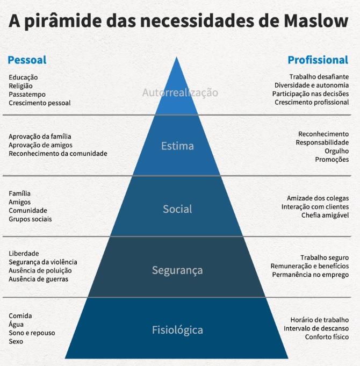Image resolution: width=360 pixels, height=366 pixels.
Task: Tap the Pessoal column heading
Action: tap(27, 60)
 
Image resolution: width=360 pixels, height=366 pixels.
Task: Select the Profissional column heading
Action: tap(318, 60)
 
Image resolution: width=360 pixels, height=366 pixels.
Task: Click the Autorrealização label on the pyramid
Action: tap(180, 92)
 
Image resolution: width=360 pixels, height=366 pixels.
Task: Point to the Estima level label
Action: tap(177, 146)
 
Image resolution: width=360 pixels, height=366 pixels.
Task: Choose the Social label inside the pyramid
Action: tap(177, 209)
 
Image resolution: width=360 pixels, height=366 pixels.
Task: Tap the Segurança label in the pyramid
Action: tap(177, 270)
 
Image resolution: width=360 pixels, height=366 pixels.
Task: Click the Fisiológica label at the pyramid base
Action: tap(177, 329)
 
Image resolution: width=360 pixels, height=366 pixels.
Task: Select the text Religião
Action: tap(21, 85)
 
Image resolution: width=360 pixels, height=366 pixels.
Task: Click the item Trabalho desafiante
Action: tap(319, 77)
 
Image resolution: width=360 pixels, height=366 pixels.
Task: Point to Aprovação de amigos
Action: tap(40, 145)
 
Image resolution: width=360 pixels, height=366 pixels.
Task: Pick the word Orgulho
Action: tap(336, 151)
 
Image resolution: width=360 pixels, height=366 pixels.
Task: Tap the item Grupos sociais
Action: tap(30, 219)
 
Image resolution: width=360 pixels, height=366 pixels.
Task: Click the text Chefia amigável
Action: tap(325, 216)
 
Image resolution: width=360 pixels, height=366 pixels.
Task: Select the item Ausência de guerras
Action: tap(39, 279)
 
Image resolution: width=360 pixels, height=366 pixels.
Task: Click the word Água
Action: tap(16, 324)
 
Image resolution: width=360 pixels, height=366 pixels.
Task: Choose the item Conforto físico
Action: tap(327, 337)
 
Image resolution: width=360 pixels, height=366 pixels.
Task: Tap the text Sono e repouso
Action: tap(32, 333)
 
